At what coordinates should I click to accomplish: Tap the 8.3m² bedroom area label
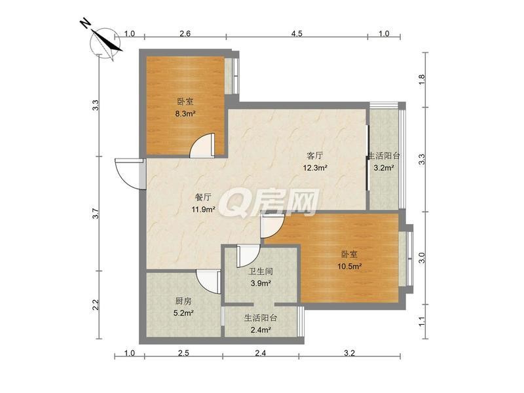(x=185, y=113)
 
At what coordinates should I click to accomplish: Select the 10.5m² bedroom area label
(x=350, y=267)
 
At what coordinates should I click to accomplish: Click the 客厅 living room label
(x=315, y=155)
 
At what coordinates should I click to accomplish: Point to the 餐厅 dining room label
(x=203, y=197)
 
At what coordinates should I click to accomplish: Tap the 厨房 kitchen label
(x=183, y=301)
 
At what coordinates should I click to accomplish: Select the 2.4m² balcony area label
(x=261, y=330)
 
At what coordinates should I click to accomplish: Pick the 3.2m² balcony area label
(x=383, y=168)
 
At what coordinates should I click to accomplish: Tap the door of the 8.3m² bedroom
(x=202, y=145)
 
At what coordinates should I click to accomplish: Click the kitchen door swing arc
(x=208, y=282)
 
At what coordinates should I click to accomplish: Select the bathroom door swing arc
(x=248, y=256)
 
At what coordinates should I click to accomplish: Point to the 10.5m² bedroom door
(x=272, y=226)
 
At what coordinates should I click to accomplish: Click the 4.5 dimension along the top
(x=297, y=33)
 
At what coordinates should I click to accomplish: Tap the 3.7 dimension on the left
(x=96, y=214)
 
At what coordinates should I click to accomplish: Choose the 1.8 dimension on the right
(x=422, y=79)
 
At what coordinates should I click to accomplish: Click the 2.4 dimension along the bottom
(x=261, y=353)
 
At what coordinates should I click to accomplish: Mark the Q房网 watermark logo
(x=269, y=202)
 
